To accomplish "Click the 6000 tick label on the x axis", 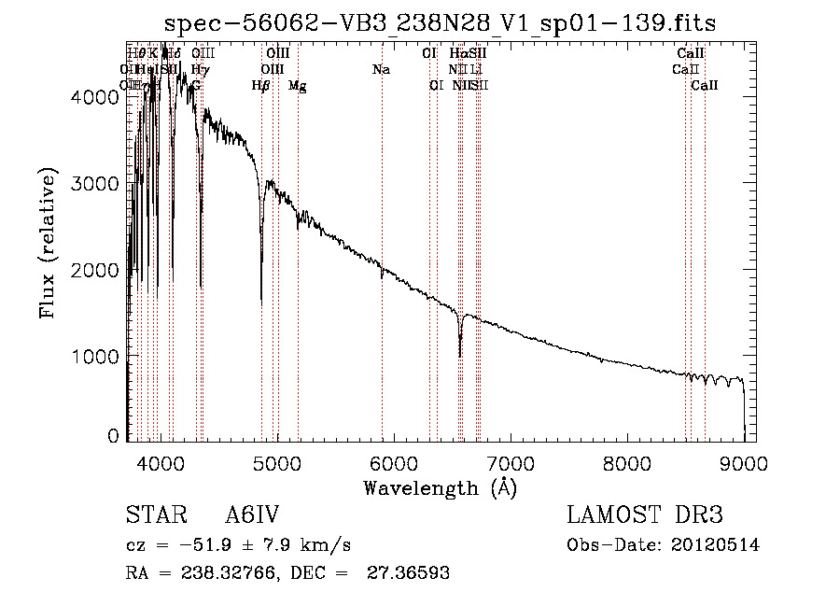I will pos(393,463).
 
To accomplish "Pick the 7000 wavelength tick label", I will pos(510,463).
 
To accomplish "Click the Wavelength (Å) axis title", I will pos(440,487).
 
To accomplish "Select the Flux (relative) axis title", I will pos(48,244).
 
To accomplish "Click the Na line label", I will pos(381,69).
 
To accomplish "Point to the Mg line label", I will pos(297,86).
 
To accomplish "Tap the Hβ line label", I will pos(261,86).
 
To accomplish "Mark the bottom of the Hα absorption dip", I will pos(460,355).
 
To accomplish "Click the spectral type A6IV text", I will pos(253,516).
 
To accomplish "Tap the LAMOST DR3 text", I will pos(645,516).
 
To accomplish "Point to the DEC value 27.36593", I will pos(407,573).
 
